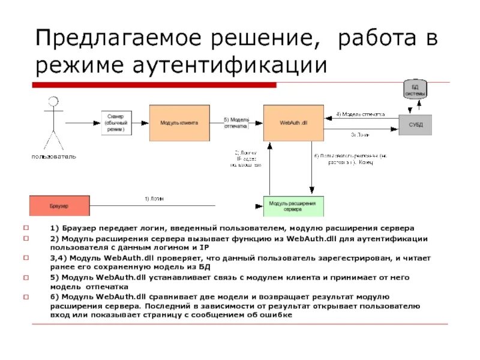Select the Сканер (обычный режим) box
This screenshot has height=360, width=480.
coord(116,122)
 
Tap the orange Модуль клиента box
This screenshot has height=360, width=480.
coord(179,122)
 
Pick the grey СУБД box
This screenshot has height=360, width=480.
coord(415,124)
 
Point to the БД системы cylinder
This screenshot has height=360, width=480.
coord(415,90)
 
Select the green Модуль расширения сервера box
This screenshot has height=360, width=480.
coord(293,206)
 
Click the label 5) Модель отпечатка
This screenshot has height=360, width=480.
coord(236,122)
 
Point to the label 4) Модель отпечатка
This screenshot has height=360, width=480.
coord(360,113)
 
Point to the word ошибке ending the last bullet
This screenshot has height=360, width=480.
coord(276,315)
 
